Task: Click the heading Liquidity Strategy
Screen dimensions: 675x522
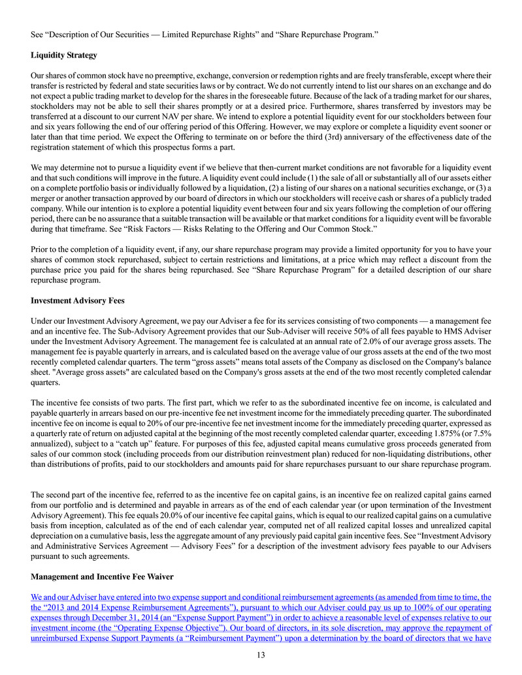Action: click(x=64, y=55)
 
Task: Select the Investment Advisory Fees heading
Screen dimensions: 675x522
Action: click(x=76, y=301)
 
